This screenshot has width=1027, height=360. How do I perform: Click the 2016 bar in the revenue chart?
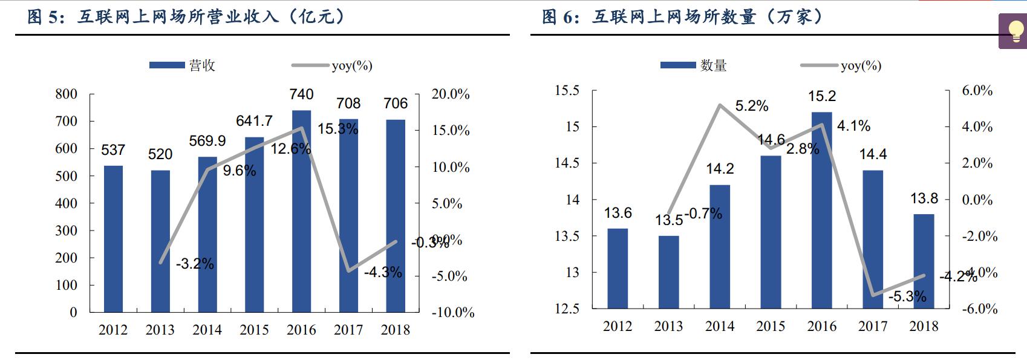(x=301, y=212)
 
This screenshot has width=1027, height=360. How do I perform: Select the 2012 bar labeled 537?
(x=113, y=239)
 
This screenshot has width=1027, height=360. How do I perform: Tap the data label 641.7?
(x=254, y=121)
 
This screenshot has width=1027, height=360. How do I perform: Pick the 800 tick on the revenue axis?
(x=67, y=94)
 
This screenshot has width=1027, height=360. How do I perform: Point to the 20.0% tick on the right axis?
(x=451, y=94)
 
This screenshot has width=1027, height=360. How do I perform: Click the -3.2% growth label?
(x=195, y=264)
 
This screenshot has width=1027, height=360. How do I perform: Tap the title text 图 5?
(x=45, y=17)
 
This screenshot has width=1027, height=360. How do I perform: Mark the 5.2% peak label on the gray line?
(x=752, y=106)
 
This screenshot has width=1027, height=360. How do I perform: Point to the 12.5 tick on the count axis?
(x=567, y=309)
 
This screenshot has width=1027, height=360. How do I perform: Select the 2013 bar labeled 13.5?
(x=668, y=272)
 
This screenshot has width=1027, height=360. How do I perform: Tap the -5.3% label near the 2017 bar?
(x=907, y=296)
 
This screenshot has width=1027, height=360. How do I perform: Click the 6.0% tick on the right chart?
(x=977, y=91)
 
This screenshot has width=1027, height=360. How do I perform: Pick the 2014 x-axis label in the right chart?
(x=720, y=326)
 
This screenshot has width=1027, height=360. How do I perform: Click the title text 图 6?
(x=560, y=17)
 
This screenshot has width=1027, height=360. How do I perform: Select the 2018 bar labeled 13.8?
(x=924, y=261)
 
